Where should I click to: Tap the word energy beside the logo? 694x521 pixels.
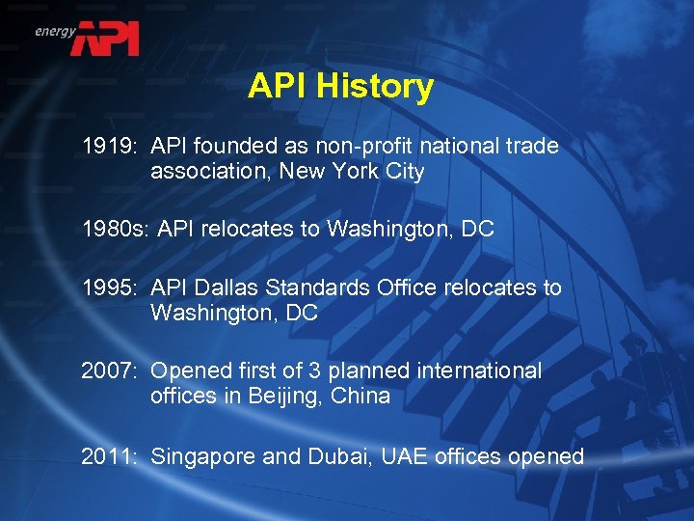pos(55,31)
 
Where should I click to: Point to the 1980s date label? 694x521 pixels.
pos(114,230)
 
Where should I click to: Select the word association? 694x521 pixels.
pos(209,172)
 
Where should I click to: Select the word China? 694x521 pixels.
pos(360,396)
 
